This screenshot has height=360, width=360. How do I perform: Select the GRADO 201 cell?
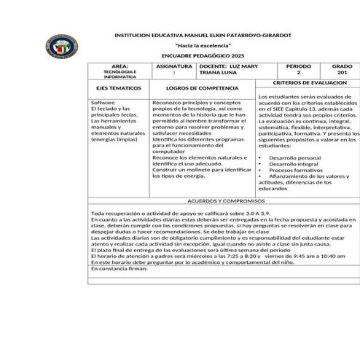[341, 69]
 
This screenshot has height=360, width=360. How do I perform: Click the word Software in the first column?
[103, 103]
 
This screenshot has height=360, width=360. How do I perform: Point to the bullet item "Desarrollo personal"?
[294, 157]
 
